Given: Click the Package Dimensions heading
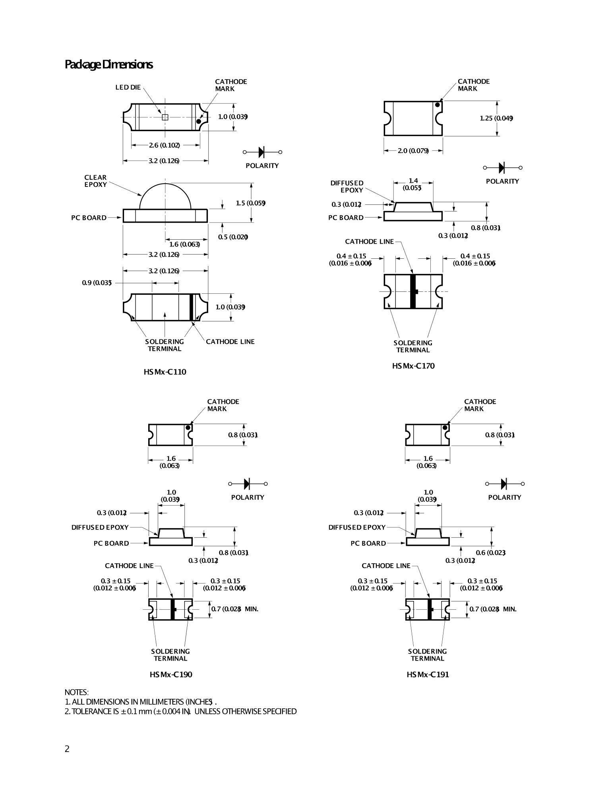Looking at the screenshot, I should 108,64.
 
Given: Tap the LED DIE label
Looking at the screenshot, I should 128,87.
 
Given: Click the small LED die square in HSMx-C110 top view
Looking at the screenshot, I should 165,117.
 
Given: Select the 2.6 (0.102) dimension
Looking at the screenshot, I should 165,145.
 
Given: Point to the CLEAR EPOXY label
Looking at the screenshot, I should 95,181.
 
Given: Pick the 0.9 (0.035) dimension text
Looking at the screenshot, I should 97,283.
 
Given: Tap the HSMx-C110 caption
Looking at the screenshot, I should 165,372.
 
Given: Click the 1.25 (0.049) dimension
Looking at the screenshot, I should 496,118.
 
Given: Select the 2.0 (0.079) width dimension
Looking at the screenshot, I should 413,151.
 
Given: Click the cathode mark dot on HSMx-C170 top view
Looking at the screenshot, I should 437,105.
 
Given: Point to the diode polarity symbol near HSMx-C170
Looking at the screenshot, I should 502,168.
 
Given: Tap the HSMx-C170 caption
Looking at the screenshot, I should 413,366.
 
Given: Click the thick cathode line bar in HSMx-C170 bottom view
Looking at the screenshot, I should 412,291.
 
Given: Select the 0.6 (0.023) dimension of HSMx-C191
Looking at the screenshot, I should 490,552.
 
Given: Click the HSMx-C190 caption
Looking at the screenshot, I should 171,675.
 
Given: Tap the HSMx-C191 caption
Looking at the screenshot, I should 428,675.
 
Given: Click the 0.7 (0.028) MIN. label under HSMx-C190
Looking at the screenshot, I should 234,609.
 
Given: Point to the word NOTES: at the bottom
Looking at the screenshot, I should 77,692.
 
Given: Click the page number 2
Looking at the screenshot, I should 67,749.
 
